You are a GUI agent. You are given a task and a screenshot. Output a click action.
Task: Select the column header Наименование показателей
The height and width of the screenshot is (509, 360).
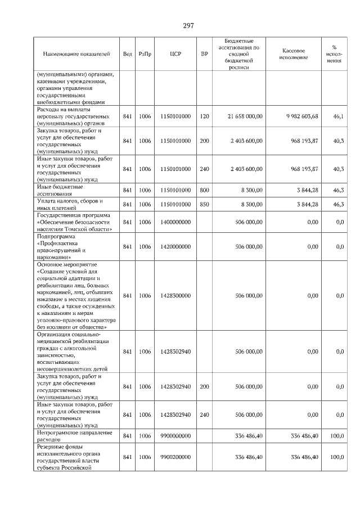pyautogui.click(x=76, y=54)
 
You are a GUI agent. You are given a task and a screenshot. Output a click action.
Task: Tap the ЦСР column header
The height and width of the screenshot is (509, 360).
pyautogui.click(x=174, y=54)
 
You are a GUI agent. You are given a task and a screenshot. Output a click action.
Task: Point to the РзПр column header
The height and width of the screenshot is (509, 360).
pyautogui.click(x=145, y=54)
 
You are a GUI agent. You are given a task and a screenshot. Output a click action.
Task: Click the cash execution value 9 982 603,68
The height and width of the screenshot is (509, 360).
pyautogui.click(x=301, y=116)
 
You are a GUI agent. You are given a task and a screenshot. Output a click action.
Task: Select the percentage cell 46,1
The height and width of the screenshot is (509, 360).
pyautogui.click(x=338, y=116)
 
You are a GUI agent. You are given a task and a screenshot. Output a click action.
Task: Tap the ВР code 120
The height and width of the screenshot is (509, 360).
pyautogui.click(x=204, y=116)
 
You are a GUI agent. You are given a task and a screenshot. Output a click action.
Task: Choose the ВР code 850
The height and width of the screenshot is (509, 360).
pyautogui.click(x=204, y=204)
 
